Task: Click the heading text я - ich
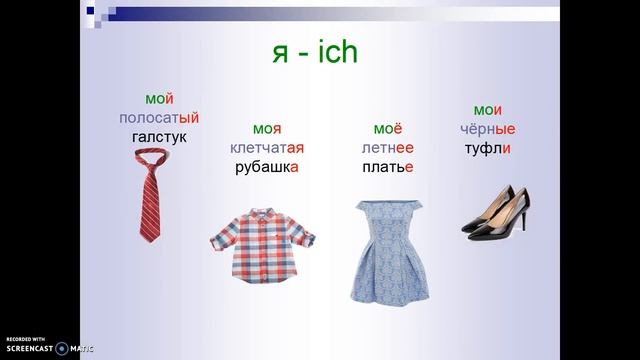point(316,53)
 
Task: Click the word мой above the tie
point(159,99)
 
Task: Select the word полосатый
point(159,118)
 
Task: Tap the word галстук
point(159,136)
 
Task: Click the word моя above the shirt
point(267,129)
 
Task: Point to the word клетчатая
point(267,148)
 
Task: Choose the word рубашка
point(267,167)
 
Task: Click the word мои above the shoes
point(487,111)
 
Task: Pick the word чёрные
point(487,130)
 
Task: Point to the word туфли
point(487,149)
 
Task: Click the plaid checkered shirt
point(263,245)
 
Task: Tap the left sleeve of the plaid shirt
point(222,241)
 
